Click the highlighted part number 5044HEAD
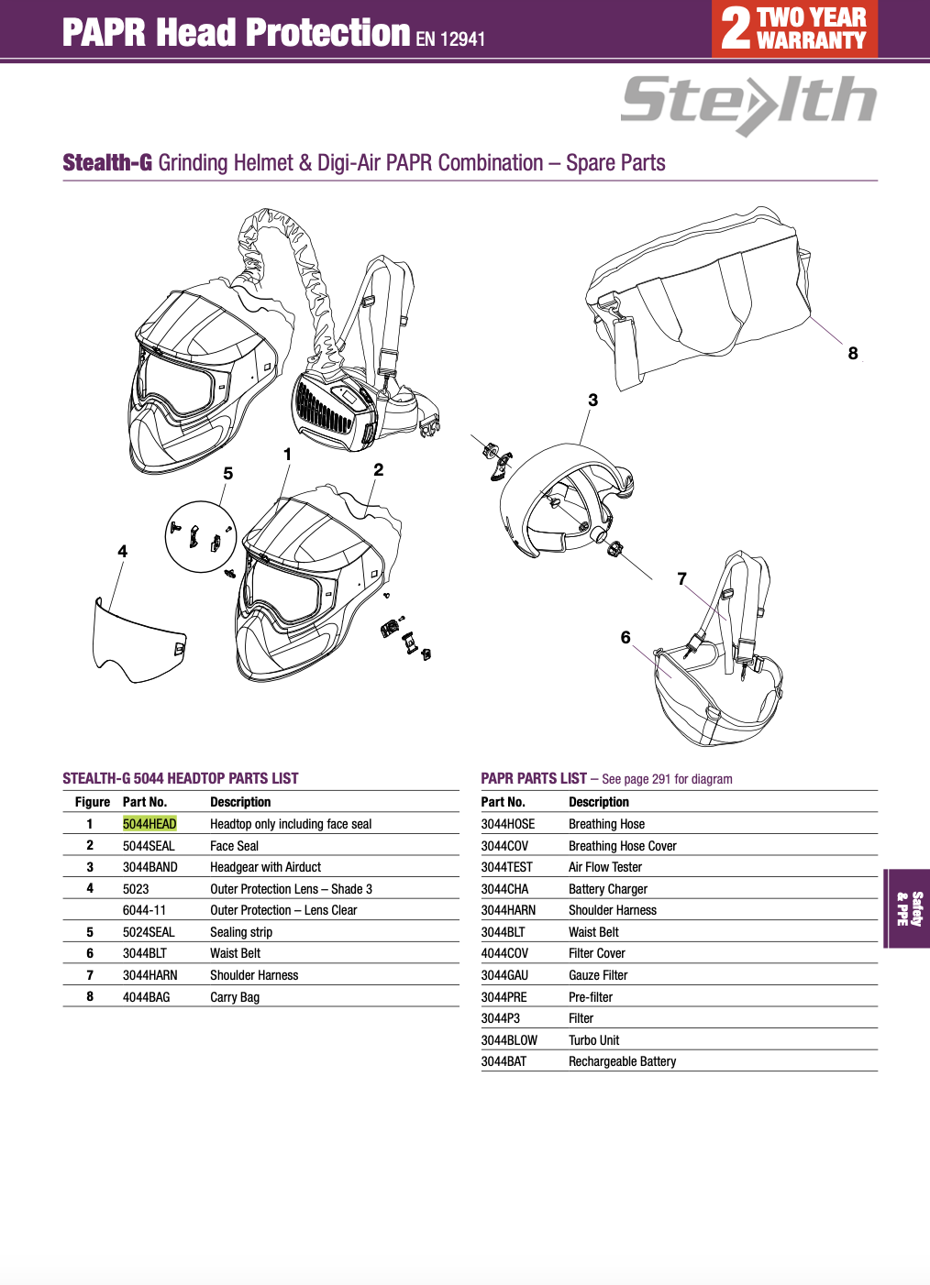tap(149, 824)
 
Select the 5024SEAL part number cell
tap(149, 932)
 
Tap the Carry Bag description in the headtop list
tap(235, 997)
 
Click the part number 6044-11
tap(144, 910)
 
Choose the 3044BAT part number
tap(504, 1061)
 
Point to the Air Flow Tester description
tap(604, 867)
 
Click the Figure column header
tap(93, 802)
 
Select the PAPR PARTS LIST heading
tap(534, 778)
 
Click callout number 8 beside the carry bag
tap(853, 354)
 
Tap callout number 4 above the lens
tap(122, 552)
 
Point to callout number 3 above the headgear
tap(592, 401)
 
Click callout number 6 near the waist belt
tap(626, 638)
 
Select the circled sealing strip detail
tap(201, 536)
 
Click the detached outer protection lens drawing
tap(138, 641)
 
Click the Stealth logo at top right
tap(748, 103)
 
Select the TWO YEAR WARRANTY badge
tap(794, 28)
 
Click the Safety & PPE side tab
tap(908, 908)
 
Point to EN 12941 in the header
tap(450, 38)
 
